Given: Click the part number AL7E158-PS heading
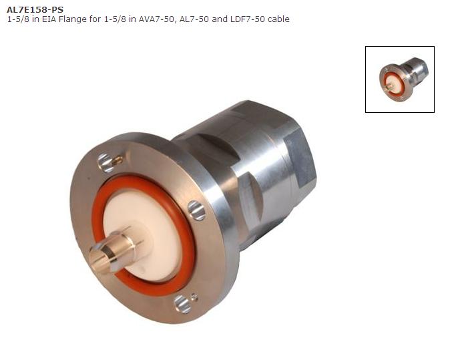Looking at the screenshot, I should pyautogui.click(x=35, y=9).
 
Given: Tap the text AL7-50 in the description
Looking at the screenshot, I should pyautogui.click(x=194, y=19).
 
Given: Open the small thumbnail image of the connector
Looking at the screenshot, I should pyautogui.click(x=399, y=79).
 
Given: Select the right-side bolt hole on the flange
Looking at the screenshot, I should pyautogui.click(x=196, y=211).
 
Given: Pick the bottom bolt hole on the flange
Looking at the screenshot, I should pyautogui.click(x=182, y=304).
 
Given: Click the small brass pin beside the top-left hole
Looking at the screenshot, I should pyautogui.click(x=118, y=160).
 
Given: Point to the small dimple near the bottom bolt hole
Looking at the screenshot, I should pyautogui.click(x=194, y=296).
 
